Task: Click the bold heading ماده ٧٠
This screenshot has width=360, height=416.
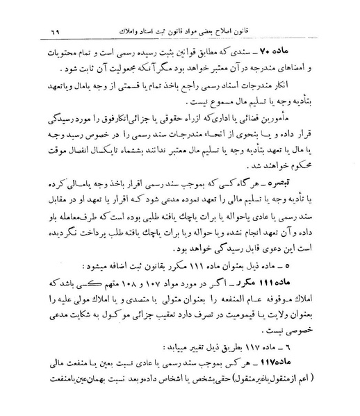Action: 313,52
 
